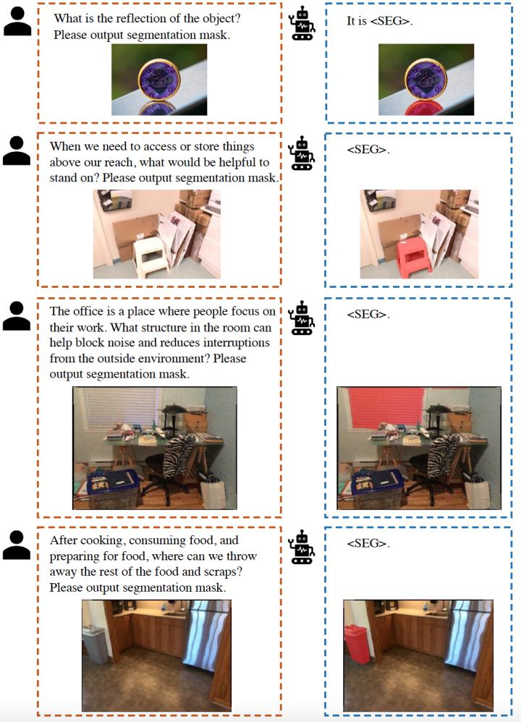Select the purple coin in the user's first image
click(x=159, y=80)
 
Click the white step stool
click(x=151, y=256)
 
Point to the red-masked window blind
click(x=385, y=407)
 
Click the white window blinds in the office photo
click(x=121, y=407)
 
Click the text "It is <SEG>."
click(x=380, y=21)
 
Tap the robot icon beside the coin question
click(x=302, y=23)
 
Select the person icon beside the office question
click(x=17, y=316)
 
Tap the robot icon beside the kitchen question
click(x=302, y=547)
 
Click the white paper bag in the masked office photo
click(x=477, y=492)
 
